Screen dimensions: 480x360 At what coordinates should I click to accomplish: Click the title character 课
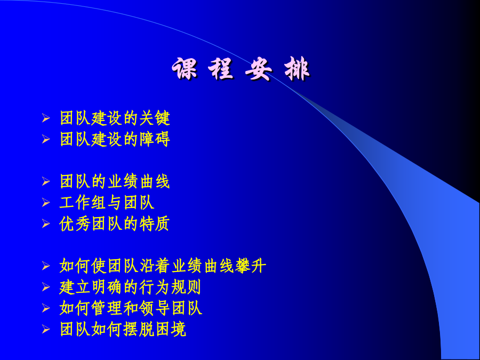185,69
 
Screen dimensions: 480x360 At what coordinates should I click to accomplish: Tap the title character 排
297,69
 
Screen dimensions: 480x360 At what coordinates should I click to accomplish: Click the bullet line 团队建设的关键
115,118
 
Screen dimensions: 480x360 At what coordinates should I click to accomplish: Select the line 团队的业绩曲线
115,181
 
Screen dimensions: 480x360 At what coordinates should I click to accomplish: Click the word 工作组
83,203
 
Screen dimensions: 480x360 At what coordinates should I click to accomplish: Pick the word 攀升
251,266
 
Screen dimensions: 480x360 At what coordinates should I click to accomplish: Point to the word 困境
171,329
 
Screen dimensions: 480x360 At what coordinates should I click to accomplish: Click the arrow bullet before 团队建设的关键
46,118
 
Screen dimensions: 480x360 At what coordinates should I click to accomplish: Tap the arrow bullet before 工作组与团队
46,202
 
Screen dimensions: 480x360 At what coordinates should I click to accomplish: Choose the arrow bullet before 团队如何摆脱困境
46,329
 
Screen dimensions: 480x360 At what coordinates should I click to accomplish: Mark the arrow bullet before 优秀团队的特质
46,223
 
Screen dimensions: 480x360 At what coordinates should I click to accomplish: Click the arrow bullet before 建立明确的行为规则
46,287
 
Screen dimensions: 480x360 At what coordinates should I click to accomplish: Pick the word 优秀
75,224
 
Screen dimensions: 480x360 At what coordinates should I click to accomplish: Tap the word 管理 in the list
107,308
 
